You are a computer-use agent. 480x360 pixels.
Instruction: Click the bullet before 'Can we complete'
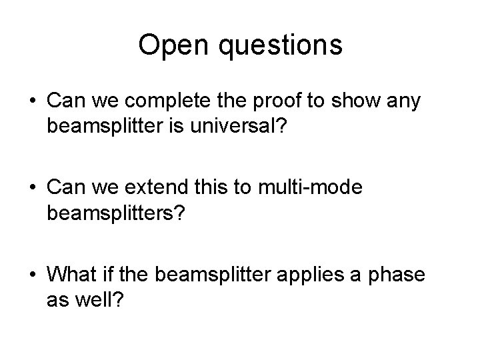coord(32,102)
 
